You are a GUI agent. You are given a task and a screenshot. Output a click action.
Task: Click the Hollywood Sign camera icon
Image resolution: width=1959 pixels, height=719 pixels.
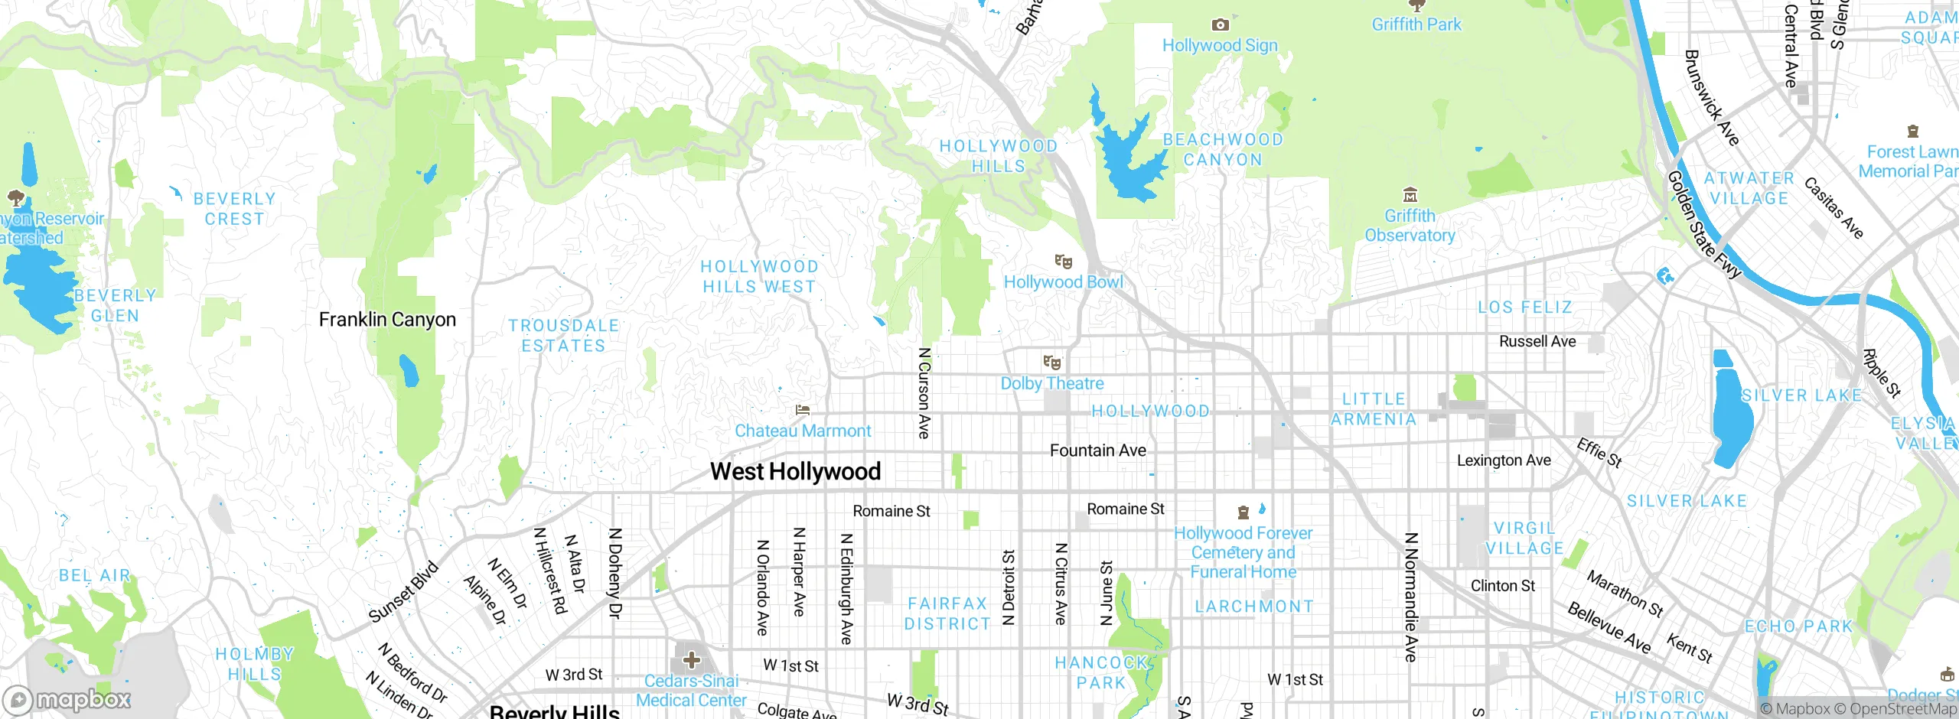1220,25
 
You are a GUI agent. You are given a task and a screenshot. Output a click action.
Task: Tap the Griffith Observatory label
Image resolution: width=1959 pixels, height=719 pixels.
1410,226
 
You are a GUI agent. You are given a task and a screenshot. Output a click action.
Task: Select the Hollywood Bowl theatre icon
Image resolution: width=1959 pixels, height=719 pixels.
1063,262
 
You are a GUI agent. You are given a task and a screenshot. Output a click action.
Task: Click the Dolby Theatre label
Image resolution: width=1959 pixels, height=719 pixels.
1052,383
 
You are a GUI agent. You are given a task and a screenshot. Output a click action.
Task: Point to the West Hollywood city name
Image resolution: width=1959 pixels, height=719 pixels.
795,471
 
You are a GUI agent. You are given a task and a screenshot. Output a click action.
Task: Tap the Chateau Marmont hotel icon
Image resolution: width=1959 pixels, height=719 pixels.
802,411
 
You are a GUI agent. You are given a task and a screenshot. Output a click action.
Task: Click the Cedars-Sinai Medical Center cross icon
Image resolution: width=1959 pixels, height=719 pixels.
691,660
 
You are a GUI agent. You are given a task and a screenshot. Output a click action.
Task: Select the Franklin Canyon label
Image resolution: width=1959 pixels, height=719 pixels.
387,320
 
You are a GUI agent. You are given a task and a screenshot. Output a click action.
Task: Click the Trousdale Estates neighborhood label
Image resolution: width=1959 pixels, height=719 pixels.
563,336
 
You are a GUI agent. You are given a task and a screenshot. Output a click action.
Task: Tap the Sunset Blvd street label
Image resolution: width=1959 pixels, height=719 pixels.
403,592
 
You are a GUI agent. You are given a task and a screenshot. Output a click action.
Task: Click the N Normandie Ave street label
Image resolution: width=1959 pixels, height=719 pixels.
1411,597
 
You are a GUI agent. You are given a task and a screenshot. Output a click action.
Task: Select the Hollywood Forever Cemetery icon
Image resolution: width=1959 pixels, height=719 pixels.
1244,512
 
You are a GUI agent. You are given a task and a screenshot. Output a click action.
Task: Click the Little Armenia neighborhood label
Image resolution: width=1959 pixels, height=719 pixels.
1374,409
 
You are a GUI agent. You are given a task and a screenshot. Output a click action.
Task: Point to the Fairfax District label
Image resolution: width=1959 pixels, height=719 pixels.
947,613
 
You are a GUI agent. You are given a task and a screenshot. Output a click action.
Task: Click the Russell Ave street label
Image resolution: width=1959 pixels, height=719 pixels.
1537,341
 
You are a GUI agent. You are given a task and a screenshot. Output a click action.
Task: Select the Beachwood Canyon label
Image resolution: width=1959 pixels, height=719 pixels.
1222,150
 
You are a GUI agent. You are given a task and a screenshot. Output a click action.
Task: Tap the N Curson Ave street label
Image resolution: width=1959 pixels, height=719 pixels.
924,393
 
